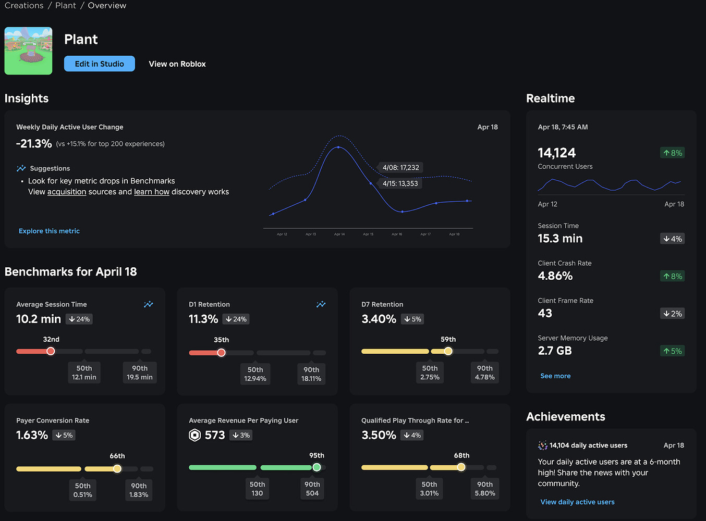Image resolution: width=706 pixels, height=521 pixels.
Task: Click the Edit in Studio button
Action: click(99, 64)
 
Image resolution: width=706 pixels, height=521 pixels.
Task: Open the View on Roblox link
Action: click(177, 64)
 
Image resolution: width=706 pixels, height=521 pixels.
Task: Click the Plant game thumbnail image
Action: click(28, 51)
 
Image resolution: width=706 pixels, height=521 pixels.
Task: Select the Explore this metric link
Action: click(49, 231)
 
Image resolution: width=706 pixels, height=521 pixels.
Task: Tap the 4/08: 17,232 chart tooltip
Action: click(400, 167)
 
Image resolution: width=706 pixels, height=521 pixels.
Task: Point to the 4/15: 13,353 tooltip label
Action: click(400, 183)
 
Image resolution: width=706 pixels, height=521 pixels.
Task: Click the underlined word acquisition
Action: click(67, 192)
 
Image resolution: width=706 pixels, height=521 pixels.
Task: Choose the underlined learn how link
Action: click(152, 192)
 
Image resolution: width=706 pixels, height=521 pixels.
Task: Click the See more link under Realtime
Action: click(555, 376)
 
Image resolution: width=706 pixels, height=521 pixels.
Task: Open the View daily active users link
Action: click(577, 502)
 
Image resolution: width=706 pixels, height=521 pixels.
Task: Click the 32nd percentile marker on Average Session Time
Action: click(51, 351)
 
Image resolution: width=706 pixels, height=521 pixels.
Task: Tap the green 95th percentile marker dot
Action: click(317, 467)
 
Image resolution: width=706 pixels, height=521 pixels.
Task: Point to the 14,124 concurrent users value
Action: click(556, 153)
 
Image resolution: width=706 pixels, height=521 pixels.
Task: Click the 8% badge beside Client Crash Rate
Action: click(672, 276)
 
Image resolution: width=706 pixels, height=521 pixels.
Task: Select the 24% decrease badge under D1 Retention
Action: click(236, 319)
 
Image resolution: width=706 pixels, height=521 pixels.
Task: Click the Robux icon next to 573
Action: click(194, 435)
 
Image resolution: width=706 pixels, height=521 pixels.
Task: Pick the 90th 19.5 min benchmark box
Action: click(140, 373)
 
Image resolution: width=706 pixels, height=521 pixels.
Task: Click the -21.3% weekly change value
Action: click(34, 144)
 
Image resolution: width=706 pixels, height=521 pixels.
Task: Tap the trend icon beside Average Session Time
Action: click(149, 304)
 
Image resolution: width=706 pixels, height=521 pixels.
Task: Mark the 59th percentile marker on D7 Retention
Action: click(448, 351)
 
